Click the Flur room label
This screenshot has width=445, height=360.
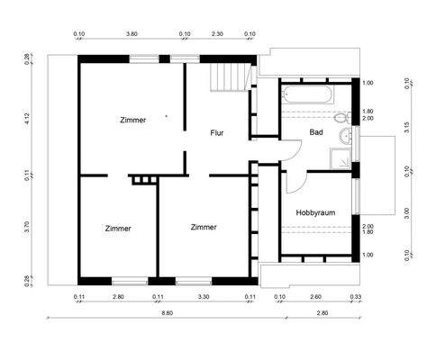coord(217,133)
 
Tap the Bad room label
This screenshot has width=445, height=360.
coord(316,132)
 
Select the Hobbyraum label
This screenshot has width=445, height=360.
coord(315,212)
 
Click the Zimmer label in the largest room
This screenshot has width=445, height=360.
coord(132,120)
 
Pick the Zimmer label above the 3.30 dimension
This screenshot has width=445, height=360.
coord(204,228)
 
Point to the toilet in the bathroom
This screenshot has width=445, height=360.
coord(340,118)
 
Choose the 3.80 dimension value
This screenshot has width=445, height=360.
coord(132,33)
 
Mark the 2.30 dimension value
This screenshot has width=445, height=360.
coord(217,33)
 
